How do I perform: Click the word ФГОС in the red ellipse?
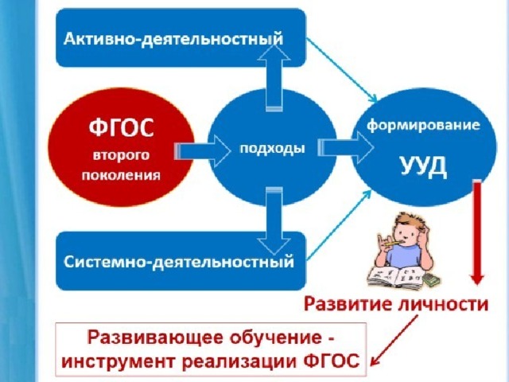121,128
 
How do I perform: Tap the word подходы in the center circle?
272,149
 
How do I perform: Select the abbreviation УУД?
423,167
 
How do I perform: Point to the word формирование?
423,125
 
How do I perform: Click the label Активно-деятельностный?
173,39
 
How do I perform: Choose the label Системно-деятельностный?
178,262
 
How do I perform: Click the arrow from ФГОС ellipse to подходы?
203,151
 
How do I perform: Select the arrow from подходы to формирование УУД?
346,147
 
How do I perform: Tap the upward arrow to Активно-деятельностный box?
274,78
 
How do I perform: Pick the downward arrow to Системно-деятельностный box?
274,221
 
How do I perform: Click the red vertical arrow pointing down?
477,232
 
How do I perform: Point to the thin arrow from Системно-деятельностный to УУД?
340,225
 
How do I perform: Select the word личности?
443,304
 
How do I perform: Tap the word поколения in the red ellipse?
121,175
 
